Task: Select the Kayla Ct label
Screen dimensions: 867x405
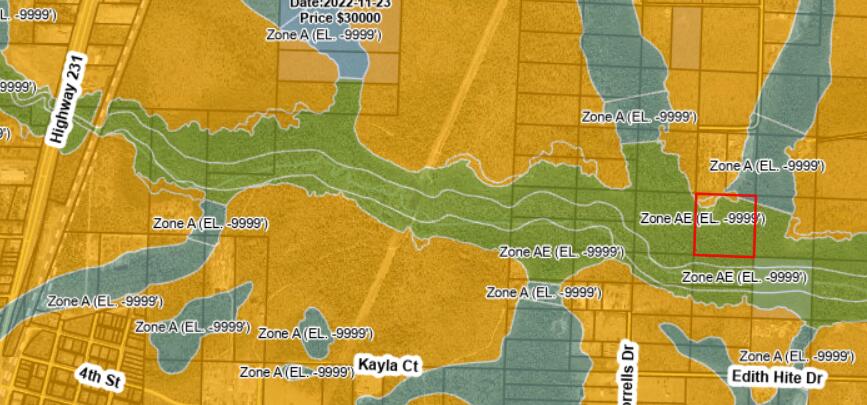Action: (x=386, y=366)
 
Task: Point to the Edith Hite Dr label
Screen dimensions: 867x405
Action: (x=775, y=378)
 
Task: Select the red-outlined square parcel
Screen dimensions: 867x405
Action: (x=725, y=226)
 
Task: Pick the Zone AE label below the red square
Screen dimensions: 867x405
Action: (x=744, y=276)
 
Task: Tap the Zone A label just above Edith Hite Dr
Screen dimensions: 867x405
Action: (x=796, y=356)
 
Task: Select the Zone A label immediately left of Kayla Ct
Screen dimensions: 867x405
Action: (x=297, y=372)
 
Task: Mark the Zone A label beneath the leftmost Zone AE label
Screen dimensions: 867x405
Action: (x=543, y=292)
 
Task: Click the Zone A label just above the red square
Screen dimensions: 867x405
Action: (x=766, y=165)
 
